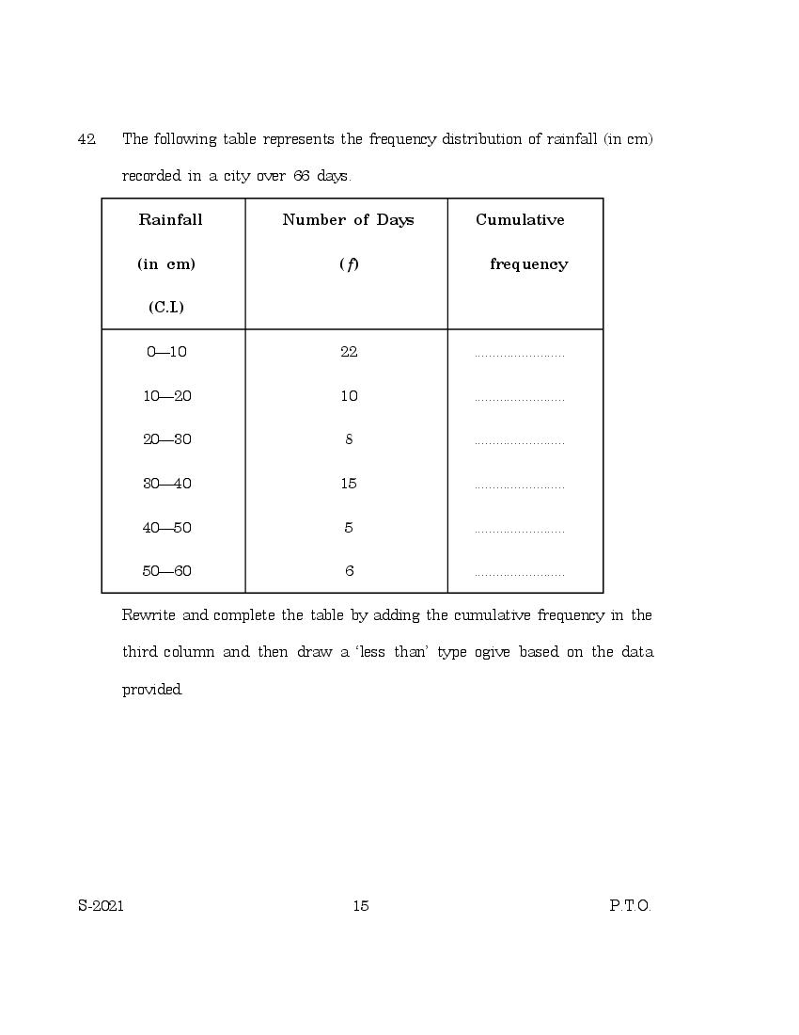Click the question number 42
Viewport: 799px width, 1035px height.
click(86, 139)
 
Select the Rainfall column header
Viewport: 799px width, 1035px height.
click(170, 220)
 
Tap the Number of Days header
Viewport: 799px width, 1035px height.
click(348, 220)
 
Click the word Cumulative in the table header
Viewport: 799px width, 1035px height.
click(520, 220)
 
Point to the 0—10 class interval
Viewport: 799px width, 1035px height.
click(166, 352)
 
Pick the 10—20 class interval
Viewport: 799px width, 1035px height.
click(166, 396)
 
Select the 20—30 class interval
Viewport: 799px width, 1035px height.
click(166, 439)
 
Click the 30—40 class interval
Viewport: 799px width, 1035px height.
click(166, 484)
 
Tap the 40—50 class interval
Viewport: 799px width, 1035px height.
click(166, 528)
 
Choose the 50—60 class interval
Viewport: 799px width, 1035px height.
click(166, 571)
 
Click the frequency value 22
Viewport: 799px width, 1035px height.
click(349, 352)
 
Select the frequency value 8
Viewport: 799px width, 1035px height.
click(349, 439)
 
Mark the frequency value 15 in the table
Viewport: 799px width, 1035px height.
click(349, 484)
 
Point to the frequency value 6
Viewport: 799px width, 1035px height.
click(349, 571)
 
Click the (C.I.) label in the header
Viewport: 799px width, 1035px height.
click(166, 308)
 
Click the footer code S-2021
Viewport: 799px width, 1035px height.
click(102, 906)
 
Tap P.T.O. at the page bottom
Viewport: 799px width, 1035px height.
click(630, 906)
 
